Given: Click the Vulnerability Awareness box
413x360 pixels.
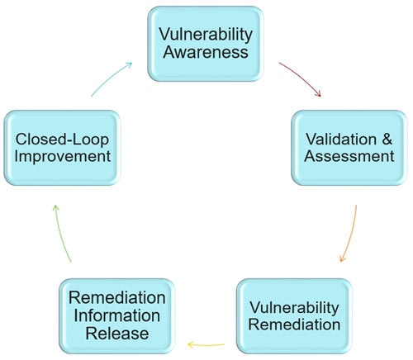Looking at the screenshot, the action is [x=206, y=44].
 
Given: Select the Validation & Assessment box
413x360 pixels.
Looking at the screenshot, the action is [x=349, y=148].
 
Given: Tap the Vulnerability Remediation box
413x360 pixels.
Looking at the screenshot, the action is [x=294, y=316].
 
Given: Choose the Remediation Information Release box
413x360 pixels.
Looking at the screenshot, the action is [x=117, y=316].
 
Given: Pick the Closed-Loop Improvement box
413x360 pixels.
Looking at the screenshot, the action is [x=62, y=148].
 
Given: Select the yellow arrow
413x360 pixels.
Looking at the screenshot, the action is [x=206, y=344].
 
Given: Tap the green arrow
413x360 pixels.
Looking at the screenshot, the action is [x=60, y=233].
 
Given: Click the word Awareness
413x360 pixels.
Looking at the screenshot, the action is [x=206, y=52].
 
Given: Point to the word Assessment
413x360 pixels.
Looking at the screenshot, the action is [x=349, y=156].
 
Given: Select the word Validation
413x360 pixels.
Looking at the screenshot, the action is [x=341, y=139].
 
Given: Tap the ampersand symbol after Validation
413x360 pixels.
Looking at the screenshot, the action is [x=387, y=139].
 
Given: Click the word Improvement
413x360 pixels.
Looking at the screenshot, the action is [x=63, y=156].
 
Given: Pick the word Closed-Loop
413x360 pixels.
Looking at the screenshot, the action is [x=62, y=140].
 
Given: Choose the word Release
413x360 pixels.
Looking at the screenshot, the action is [x=117, y=334].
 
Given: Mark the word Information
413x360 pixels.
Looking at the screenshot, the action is [x=117, y=315].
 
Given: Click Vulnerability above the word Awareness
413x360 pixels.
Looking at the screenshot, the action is [x=206, y=35].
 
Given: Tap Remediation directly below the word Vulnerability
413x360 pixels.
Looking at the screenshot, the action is [x=294, y=324].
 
